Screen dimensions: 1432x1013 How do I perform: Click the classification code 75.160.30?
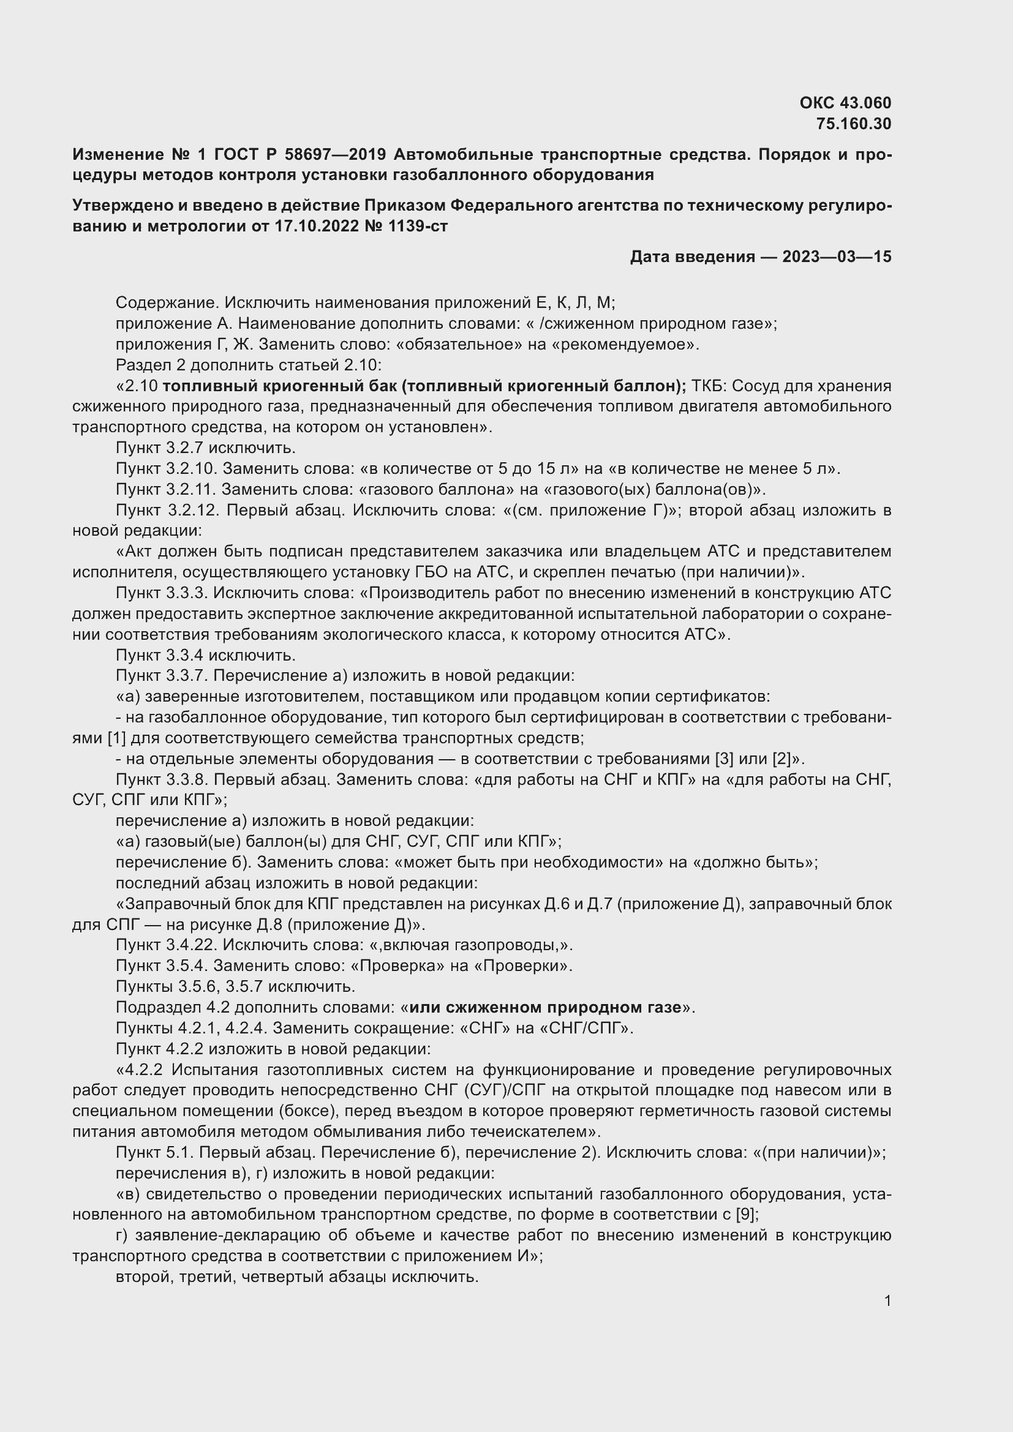pos(853,124)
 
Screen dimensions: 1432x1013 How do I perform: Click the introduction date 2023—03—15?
pos(837,257)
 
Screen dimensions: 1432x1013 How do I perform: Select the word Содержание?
pos(159,302)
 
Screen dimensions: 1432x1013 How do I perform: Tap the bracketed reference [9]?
pos(746,1214)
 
